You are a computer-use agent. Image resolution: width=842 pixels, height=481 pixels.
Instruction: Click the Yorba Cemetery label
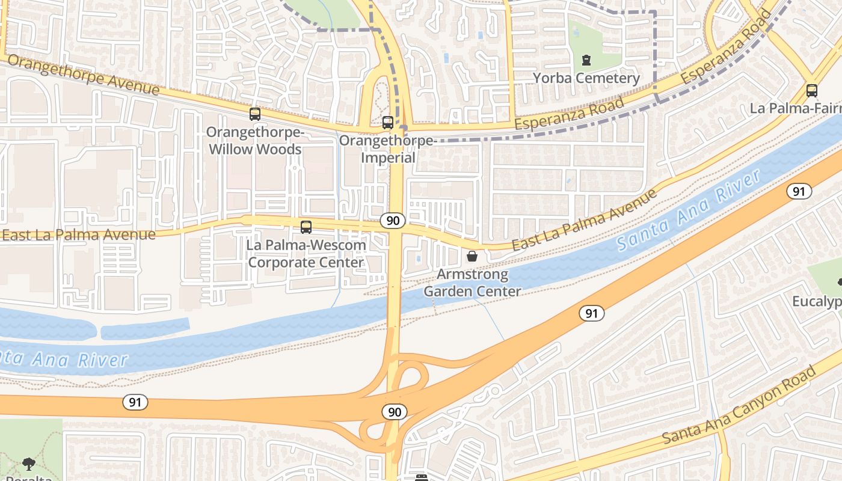tap(586, 78)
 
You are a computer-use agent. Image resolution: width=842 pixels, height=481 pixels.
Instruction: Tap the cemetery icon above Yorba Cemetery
tap(586, 60)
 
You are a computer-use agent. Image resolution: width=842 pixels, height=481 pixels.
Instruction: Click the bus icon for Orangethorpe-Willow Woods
tap(255, 114)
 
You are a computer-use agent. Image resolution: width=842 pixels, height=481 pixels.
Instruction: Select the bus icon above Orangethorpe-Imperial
tap(388, 123)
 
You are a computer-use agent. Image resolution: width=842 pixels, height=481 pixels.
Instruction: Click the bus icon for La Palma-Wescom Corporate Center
tap(306, 227)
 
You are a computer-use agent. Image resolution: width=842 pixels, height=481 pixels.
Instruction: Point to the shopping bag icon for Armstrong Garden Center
tap(472, 256)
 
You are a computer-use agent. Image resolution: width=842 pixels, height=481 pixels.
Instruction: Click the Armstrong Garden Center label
tap(472, 283)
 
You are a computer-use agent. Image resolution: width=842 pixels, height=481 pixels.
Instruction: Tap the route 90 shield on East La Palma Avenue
tap(393, 221)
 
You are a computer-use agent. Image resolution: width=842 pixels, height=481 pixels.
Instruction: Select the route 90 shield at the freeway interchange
tap(394, 412)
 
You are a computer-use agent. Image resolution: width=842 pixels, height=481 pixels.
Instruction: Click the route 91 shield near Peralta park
tap(135, 402)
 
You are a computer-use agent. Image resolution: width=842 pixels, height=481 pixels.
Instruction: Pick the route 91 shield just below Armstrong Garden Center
tap(592, 313)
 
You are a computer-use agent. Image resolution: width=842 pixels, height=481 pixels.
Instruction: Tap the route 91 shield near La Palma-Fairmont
tap(798, 191)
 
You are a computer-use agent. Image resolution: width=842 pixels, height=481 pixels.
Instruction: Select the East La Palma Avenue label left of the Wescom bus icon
tap(78, 234)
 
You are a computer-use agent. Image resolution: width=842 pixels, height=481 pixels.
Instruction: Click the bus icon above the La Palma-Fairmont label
tap(812, 91)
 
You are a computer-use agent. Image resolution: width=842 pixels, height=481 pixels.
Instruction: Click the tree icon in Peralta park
tap(28, 464)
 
